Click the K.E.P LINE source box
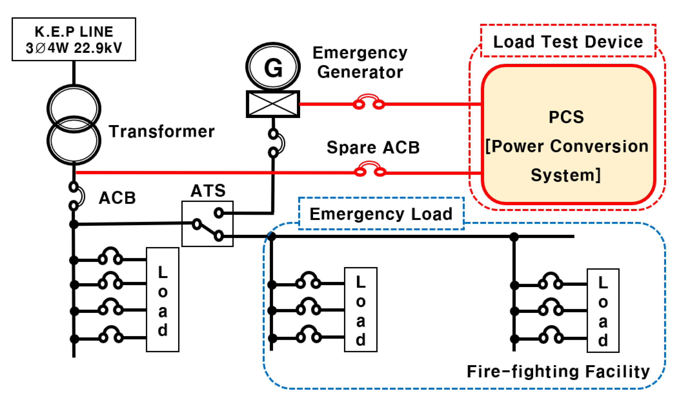point(74,39)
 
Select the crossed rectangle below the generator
point(273,104)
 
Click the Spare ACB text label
point(373,148)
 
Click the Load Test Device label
point(568,42)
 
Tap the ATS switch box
point(207,224)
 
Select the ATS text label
point(208,191)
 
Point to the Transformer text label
point(161,132)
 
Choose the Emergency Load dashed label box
point(381,214)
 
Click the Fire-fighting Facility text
point(558,372)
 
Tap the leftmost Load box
point(162,299)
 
